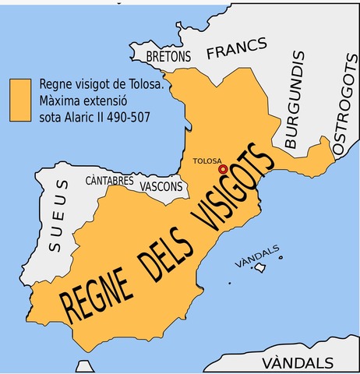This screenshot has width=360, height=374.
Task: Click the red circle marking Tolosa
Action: [x=224, y=168]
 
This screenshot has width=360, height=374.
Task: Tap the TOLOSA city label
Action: [x=206, y=161]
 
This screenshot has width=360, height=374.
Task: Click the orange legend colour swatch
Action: [x=20, y=99]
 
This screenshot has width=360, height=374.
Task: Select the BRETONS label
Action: [x=169, y=57]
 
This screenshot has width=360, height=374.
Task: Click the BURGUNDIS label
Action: [x=292, y=101]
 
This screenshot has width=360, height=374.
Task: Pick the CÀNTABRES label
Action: [x=110, y=181]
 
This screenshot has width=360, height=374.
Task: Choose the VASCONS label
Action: [x=161, y=187]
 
